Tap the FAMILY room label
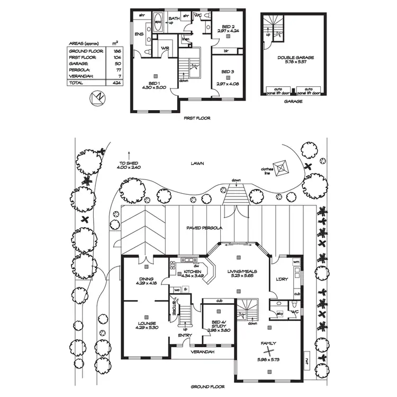(269, 344)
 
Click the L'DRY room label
(282, 279)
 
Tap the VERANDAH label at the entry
(203, 352)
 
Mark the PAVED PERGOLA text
(204, 228)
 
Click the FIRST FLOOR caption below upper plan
(197, 119)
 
